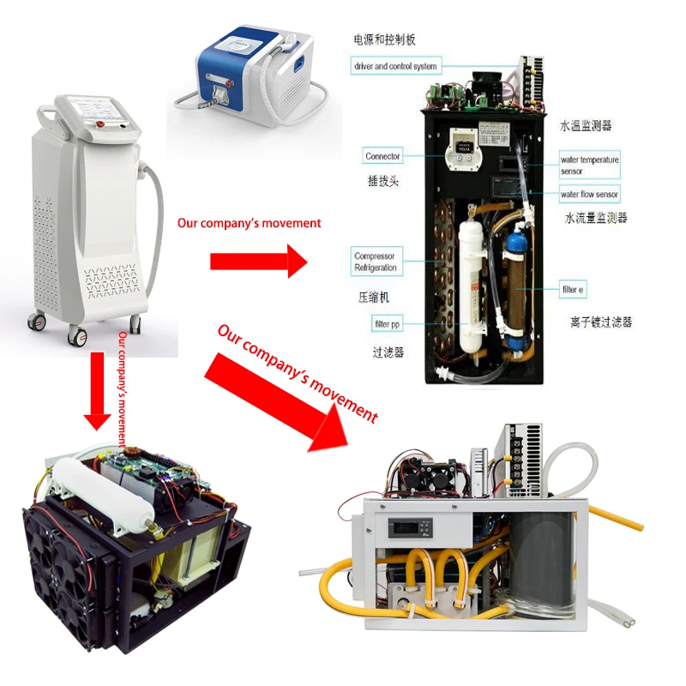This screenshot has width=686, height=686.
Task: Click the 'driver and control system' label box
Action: pyautogui.click(x=395, y=66)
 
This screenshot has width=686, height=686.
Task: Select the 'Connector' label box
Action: pyautogui.click(x=382, y=157)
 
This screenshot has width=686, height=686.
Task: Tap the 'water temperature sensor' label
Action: pyautogui.click(x=589, y=165)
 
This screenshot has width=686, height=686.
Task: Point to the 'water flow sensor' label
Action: pyautogui.click(x=589, y=195)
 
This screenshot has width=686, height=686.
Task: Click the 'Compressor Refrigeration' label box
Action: pyautogui.click(x=376, y=262)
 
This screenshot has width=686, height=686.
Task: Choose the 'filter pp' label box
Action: pyautogui.click(x=387, y=323)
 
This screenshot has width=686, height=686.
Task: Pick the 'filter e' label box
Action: pyautogui.click(x=572, y=291)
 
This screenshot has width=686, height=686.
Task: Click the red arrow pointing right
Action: pyautogui.click(x=258, y=260)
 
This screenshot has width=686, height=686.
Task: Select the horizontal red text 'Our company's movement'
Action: pyautogui.click(x=249, y=223)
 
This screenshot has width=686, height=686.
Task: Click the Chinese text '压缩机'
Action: pyautogui.click(x=374, y=297)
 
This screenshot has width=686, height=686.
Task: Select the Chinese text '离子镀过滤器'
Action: pyautogui.click(x=600, y=322)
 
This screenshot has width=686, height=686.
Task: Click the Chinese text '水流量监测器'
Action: pyautogui.click(x=596, y=219)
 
